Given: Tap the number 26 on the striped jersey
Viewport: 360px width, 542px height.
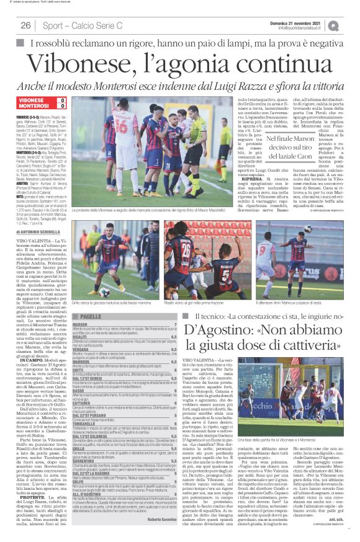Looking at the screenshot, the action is (187, 251).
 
